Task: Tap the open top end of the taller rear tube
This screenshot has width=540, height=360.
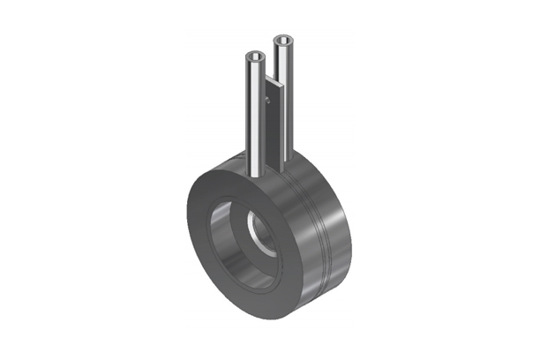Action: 284,41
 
